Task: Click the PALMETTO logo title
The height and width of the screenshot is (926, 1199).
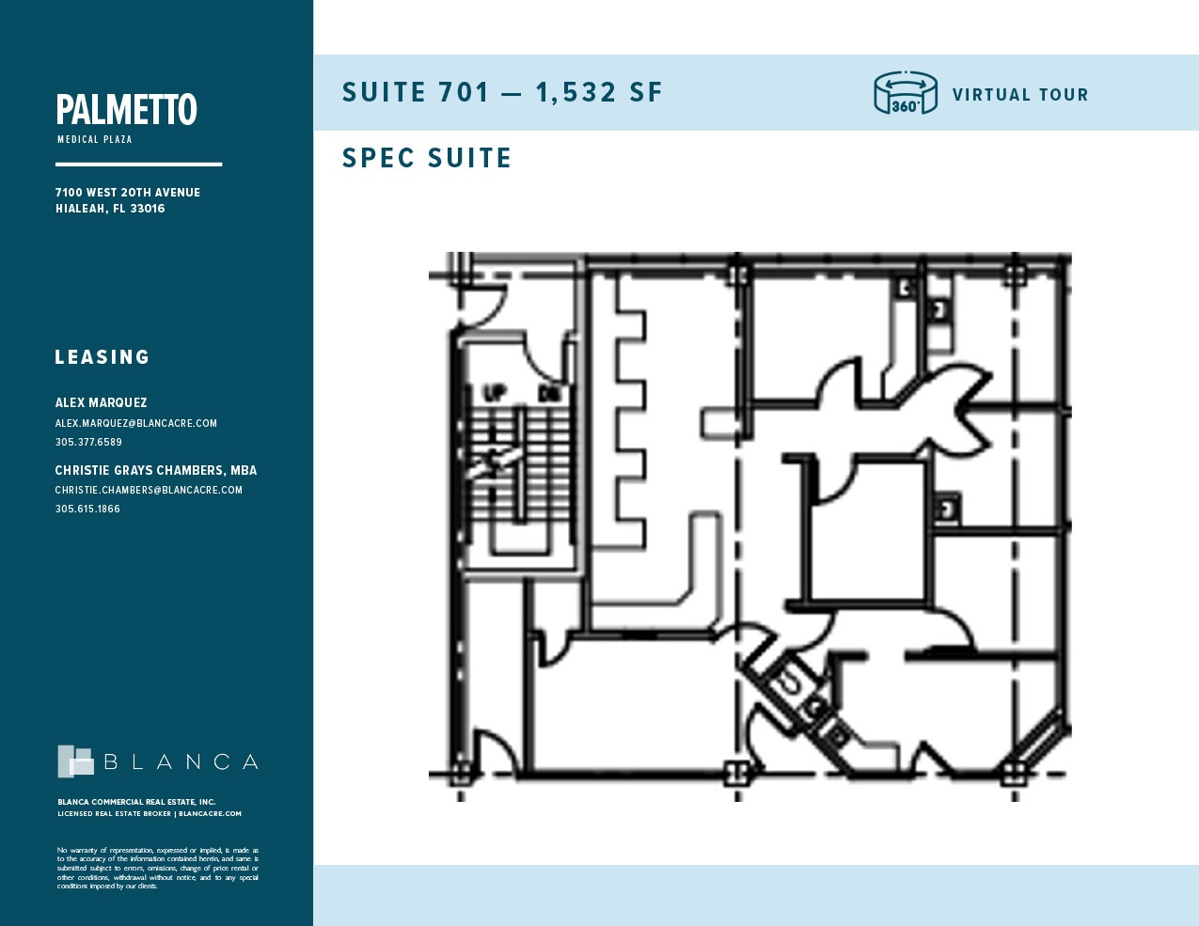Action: [126, 110]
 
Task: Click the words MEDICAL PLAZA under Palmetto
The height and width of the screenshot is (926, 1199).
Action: [95, 139]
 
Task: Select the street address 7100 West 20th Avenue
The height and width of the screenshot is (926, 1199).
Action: [128, 193]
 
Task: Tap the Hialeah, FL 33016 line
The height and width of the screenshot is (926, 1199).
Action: [110, 209]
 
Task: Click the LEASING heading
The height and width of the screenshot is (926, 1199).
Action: [103, 357]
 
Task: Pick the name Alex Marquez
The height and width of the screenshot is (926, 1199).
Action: [101, 402]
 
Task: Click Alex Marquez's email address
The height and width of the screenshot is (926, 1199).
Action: [136, 424]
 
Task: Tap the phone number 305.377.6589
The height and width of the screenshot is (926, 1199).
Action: [88, 442]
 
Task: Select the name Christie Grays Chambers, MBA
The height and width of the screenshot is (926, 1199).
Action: [156, 470]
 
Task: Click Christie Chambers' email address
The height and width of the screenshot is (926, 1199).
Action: [149, 490]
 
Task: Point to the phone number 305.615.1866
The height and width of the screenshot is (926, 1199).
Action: [87, 509]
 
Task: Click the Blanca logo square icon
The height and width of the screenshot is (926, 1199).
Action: [75, 761]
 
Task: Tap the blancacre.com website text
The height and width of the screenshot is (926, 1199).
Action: [210, 814]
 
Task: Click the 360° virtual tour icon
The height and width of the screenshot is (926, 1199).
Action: [905, 93]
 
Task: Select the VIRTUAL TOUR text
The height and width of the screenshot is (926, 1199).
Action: [1020, 95]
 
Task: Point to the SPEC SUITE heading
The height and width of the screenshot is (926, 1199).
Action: [427, 158]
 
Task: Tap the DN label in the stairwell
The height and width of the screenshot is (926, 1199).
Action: [548, 394]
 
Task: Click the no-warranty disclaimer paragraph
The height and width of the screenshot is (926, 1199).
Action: [157, 868]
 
